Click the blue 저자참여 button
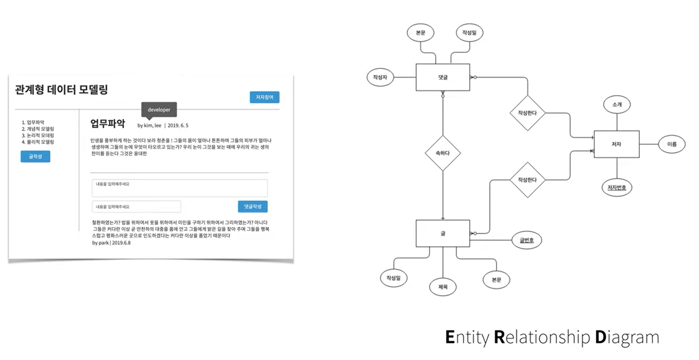pyautogui.click(x=264, y=97)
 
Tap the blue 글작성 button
pyautogui.click(x=35, y=157)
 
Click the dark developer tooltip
pyautogui.click(x=159, y=110)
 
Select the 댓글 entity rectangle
pyautogui.click(x=442, y=77)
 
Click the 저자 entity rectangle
pyautogui.click(x=616, y=144)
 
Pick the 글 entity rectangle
pyautogui.click(x=442, y=233)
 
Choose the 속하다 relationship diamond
pyautogui.click(x=442, y=153)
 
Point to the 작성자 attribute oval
pyautogui.click(x=380, y=77)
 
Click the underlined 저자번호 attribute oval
pyautogui.click(x=616, y=188)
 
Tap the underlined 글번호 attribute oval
pyautogui.click(x=526, y=240)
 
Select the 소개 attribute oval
pyautogui.click(x=616, y=104)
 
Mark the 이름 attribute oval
pyautogui.click(x=671, y=144)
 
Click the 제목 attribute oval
pyautogui.click(x=442, y=287)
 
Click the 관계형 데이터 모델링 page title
pyautogui.click(x=62, y=90)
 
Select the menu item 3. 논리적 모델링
pyautogui.click(x=38, y=135)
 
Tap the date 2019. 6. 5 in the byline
pyautogui.click(x=178, y=125)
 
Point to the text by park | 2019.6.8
pyautogui.click(x=111, y=243)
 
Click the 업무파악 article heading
pyautogui.click(x=108, y=124)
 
